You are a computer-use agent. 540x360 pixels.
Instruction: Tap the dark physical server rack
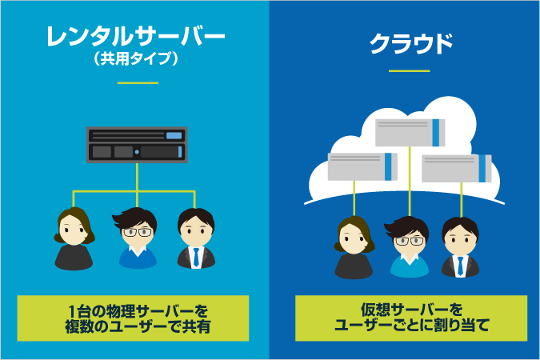pyautogui.click(x=137, y=144)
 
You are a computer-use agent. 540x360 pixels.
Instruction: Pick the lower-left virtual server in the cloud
pyautogui.click(x=361, y=166)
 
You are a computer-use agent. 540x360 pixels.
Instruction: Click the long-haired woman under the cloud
pyautogui.click(x=353, y=247)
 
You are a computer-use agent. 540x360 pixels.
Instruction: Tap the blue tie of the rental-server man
pyautogui.click(x=194, y=257)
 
